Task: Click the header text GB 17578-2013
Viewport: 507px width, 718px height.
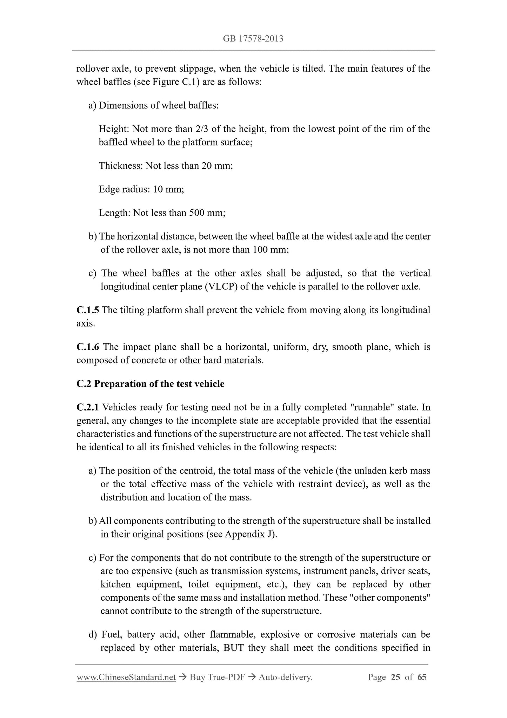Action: click(x=253, y=39)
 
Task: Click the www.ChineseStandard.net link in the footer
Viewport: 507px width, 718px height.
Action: click(x=126, y=677)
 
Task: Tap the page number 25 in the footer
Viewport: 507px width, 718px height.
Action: click(x=395, y=677)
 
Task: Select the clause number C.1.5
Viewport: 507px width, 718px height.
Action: click(x=88, y=310)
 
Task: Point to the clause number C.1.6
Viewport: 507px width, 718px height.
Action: click(x=88, y=347)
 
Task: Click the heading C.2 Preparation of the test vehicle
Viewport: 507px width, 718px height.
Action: click(x=150, y=384)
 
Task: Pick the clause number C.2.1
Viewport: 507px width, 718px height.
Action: click(x=88, y=407)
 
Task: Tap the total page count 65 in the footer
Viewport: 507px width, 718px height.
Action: click(x=422, y=677)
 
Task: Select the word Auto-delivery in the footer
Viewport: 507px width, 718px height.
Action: click(x=285, y=677)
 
